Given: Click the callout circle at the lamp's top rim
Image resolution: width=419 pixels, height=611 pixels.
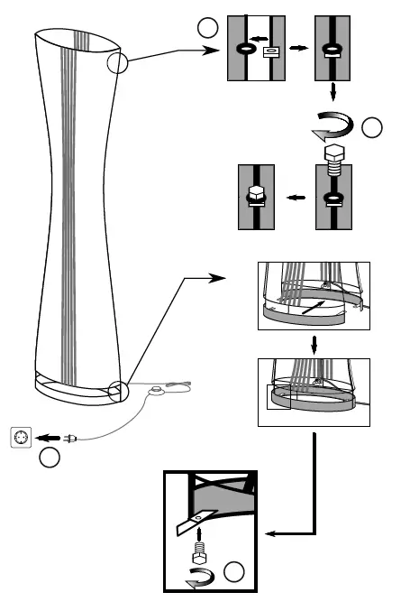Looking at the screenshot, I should [118, 62].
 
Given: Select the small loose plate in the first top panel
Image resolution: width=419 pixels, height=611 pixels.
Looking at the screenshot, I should [269, 51].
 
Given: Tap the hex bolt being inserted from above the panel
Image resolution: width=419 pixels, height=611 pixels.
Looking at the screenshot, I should [332, 160].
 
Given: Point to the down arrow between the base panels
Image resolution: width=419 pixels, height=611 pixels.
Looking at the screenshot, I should [313, 344].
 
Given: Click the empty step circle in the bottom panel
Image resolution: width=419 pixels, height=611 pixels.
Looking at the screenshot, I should [233, 571].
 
